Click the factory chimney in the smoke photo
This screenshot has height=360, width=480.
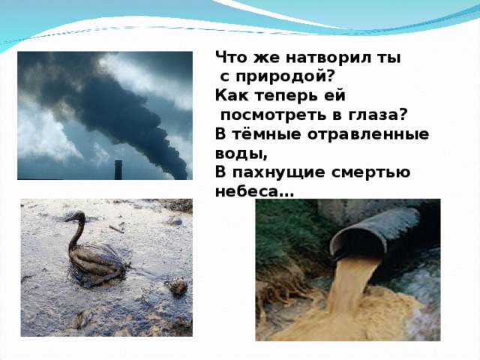[x=118, y=169]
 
